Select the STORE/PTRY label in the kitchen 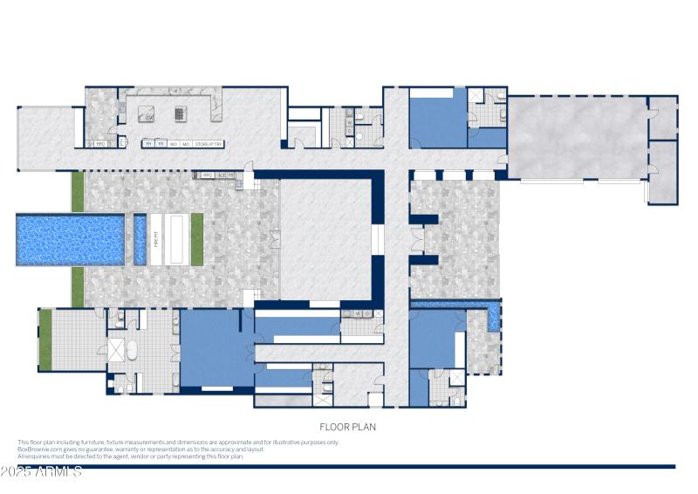(x=209, y=143)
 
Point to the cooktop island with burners (x=181, y=113)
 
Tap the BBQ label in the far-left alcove (x=100, y=143)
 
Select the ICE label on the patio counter (x=222, y=175)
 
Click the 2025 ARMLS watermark (x=41, y=471)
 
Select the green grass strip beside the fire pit (x=196, y=239)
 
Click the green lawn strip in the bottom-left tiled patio (x=45, y=341)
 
